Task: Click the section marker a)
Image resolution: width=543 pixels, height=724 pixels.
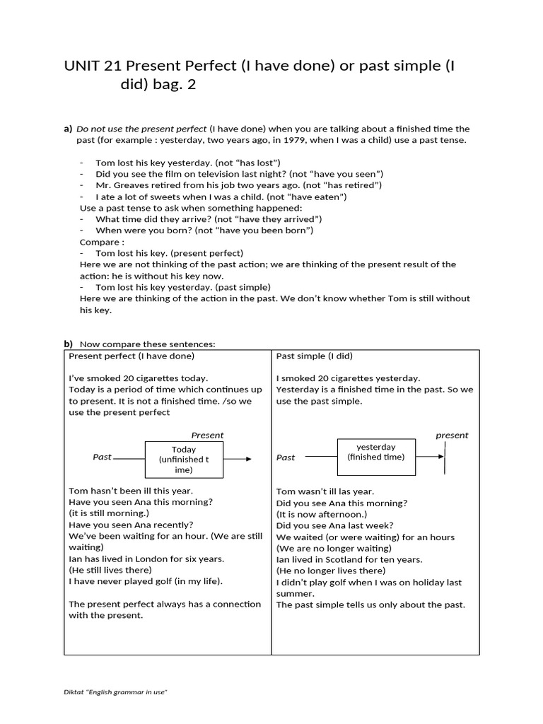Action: tap(69, 129)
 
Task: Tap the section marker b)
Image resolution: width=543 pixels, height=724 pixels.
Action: tap(69, 344)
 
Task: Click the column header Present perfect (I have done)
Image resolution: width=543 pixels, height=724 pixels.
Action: tap(132, 356)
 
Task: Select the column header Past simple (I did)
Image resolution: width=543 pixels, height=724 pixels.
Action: tap(314, 356)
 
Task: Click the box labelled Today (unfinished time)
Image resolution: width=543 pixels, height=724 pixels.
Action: tap(184, 460)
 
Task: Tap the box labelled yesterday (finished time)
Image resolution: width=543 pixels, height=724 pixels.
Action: tap(375, 452)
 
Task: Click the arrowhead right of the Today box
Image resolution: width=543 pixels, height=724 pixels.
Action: tap(247, 459)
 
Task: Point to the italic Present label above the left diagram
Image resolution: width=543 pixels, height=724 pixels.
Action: tap(207, 436)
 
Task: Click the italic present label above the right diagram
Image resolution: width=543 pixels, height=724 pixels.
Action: tap(452, 436)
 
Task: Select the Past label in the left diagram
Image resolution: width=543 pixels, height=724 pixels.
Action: tap(103, 457)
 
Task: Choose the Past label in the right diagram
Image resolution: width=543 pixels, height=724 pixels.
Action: tap(286, 457)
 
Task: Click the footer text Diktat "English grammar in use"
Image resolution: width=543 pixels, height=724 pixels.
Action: tap(115, 691)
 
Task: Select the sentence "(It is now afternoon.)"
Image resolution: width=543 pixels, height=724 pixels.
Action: tap(322, 514)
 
